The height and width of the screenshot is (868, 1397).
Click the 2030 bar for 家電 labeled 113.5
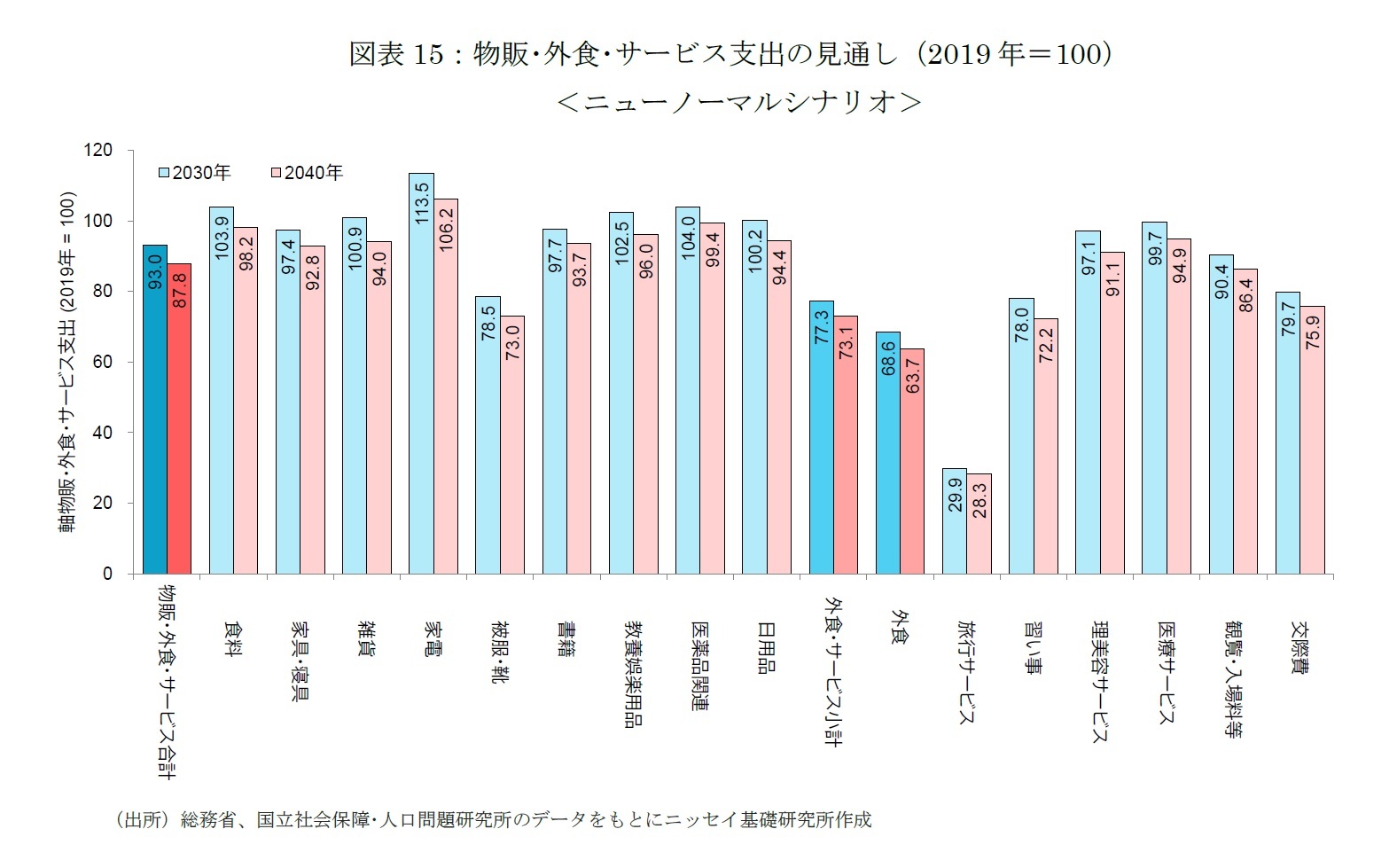pos(421,372)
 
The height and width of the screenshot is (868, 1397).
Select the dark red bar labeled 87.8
pos(179,418)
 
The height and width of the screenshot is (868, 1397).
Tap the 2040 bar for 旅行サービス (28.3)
pos(979,523)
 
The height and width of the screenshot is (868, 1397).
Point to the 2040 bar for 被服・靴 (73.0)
pos(512,444)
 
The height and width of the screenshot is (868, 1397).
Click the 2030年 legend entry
pos(195,173)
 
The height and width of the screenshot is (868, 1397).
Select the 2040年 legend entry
pos(307,173)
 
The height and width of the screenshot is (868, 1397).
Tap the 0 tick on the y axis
pos(108,574)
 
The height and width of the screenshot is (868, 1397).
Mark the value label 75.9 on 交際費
pos(1313,327)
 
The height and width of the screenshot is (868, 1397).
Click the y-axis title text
pos(67,362)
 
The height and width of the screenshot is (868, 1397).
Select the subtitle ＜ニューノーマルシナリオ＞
pos(738,103)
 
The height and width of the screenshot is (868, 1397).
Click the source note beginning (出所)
pos(493,819)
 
